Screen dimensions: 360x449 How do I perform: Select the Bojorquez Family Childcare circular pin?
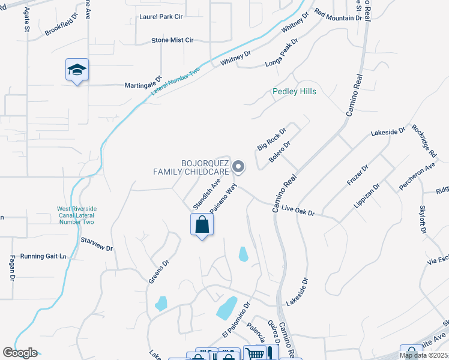(x=238, y=167)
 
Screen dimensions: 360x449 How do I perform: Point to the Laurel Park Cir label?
(x=160, y=17)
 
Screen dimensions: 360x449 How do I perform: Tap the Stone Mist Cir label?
(x=172, y=40)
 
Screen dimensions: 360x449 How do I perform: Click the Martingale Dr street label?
(x=143, y=85)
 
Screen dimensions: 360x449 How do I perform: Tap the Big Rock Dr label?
(x=272, y=137)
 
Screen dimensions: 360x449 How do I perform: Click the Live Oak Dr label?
(x=298, y=211)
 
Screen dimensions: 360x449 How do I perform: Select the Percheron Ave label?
(x=417, y=174)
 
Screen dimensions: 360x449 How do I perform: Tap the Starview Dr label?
(x=97, y=245)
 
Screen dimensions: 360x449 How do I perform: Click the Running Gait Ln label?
(x=43, y=256)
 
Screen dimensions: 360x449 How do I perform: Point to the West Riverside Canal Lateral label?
(x=76, y=215)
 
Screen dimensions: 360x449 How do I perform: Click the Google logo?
(x=20, y=352)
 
